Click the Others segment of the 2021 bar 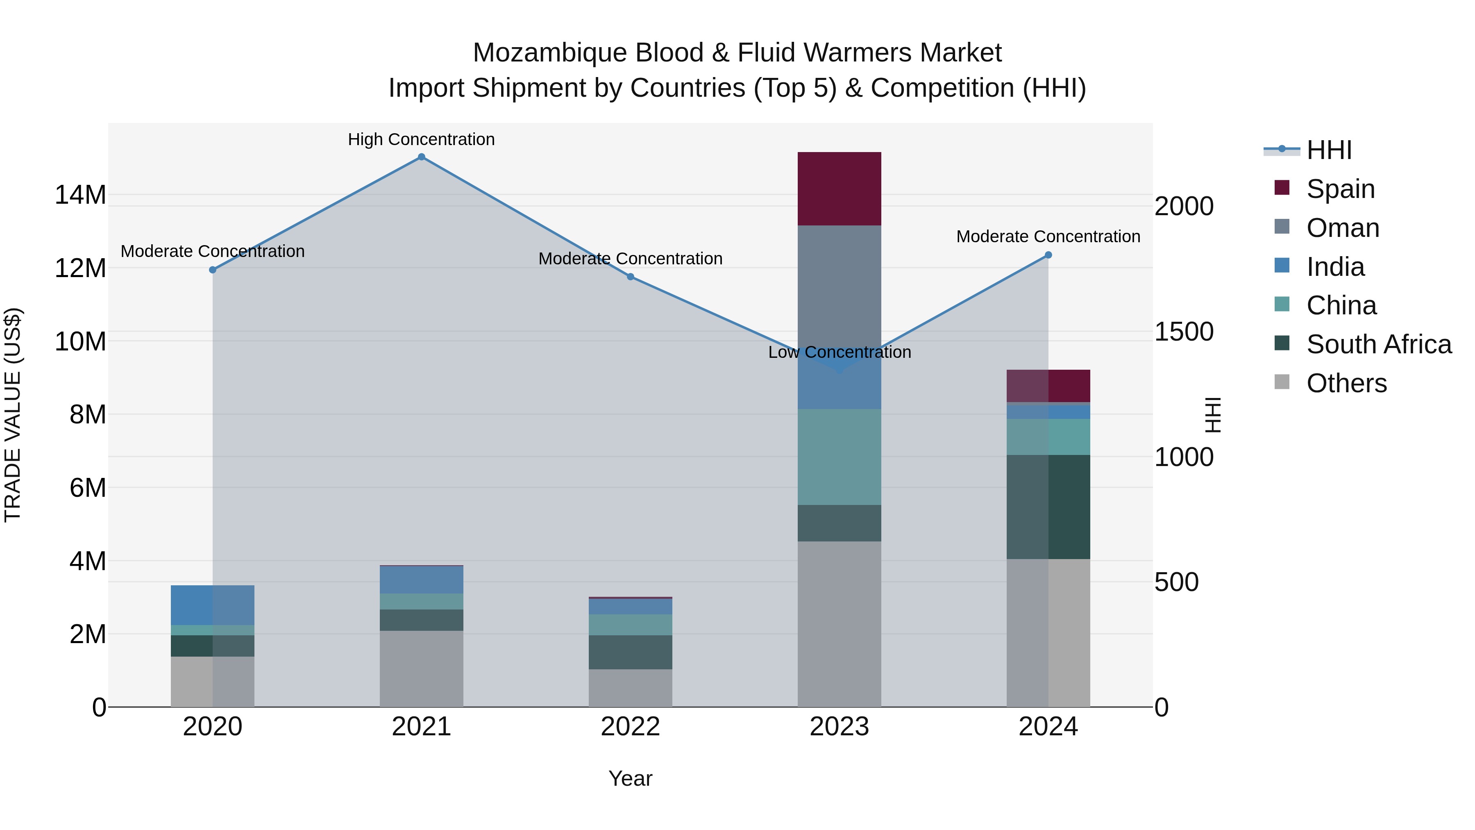pyautogui.click(x=422, y=669)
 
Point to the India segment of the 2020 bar pyautogui.click(x=212, y=605)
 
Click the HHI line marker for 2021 pyautogui.click(x=422, y=157)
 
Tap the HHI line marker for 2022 pyautogui.click(x=631, y=277)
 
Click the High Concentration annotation pyautogui.click(x=422, y=139)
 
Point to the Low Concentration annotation pyautogui.click(x=840, y=352)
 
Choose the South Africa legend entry pyautogui.click(x=1378, y=344)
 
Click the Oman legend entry pyautogui.click(x=1342, y=228)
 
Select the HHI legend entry pyautogui.click(x=1328, y=150)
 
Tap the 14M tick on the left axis pyautogui.click(x=80, y=195)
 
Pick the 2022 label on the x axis pyautogui.click(x=631, y=727)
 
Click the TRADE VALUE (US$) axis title pyautogui.click(x=13, y=415)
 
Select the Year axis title pyautogui.click(x=631, y=778)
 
